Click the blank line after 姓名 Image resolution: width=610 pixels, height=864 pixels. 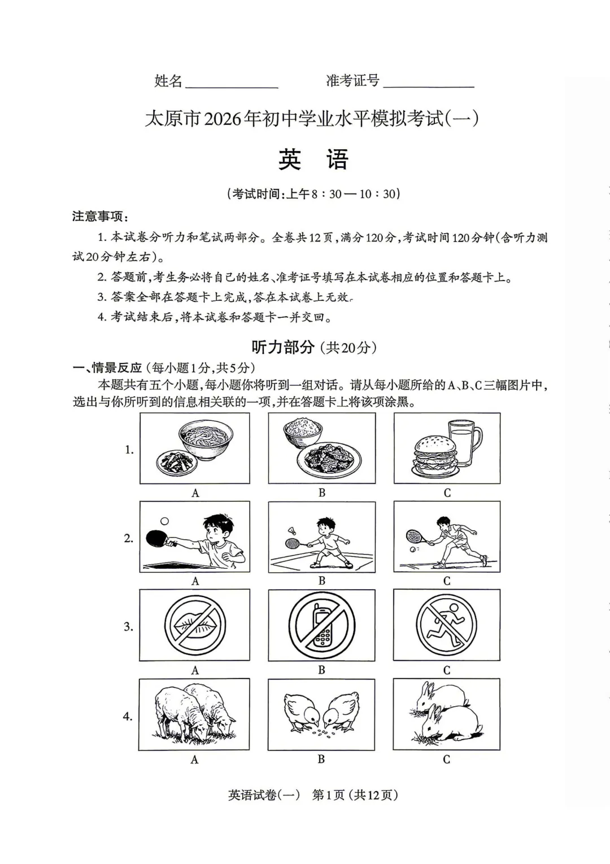click(x=232, y=85)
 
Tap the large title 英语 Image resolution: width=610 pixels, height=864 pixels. click(x=313, y=160)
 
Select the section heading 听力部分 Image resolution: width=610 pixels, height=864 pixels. click(x=282, y=347)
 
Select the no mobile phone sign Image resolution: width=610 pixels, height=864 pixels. click(x=322, y=625)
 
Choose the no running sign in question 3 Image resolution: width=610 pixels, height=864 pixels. click(x=446, y=625)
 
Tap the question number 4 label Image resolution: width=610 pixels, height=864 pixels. click(x=128, y=716)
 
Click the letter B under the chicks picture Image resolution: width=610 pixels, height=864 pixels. click(x=321, y=759)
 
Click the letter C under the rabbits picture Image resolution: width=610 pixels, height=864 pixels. click(x=446, y=759)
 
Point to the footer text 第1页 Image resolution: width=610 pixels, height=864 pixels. click(x=328, y=795)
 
